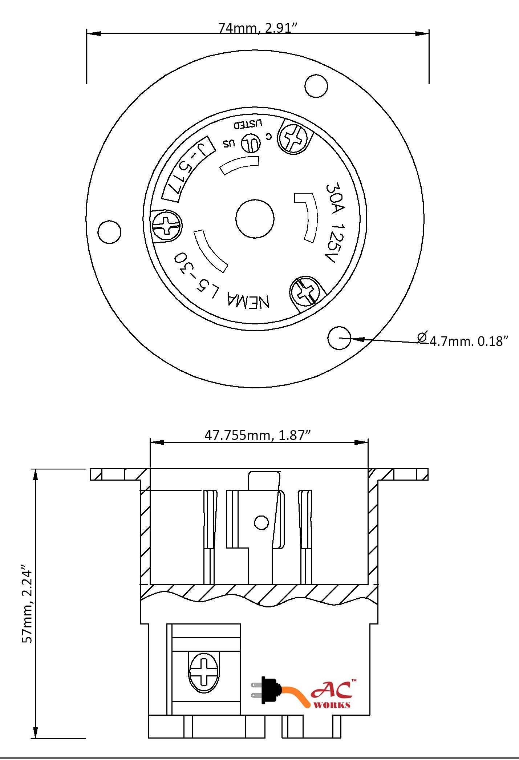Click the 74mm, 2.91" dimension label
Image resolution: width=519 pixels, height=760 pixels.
click(258, 28)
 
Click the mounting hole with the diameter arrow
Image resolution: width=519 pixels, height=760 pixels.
click(339, 338)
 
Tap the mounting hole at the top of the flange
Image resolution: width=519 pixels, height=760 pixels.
click(316, 86)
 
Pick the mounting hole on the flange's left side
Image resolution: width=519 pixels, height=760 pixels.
click(109, 231)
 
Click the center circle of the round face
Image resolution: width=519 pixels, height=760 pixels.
click(255, 219)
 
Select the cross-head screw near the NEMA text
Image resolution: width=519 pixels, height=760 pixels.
click(304, 292)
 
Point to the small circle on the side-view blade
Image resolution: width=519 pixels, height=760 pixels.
click(261, 523)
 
